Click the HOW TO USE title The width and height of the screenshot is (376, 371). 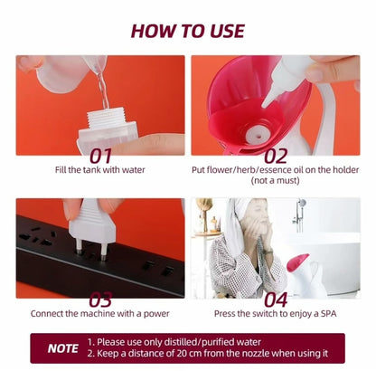pyautogui.click(x=188, y=31)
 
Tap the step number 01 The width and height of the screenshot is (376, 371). pyautogui.click(x=101, y=156)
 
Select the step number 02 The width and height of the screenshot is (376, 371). pyautogui.click(x=276, y=156)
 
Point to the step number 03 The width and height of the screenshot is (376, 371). pyautogui.click(x=100, y=300)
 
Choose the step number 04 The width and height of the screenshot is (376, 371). pyautogui.click(x=276, y=300)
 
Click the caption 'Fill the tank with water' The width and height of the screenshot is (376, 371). pyautogui.click(x=100, y=170)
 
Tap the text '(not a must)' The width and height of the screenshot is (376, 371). pyautogui.click(x=276, y=180)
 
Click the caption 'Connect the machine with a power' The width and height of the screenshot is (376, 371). pyautogui.click(x=100, y=314)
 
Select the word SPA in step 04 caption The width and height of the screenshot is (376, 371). pyautogui.click(x=328, y=314)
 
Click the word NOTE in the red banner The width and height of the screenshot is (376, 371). pyautogui.click(x=63, y=348)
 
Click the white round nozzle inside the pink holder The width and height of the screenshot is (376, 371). pyautogui.click(x=257, y=135)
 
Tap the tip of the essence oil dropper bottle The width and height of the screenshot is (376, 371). pyautogui.click(x=264, y=105)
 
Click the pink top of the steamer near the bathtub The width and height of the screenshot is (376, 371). pyautogui.click(x=297, y=262)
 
